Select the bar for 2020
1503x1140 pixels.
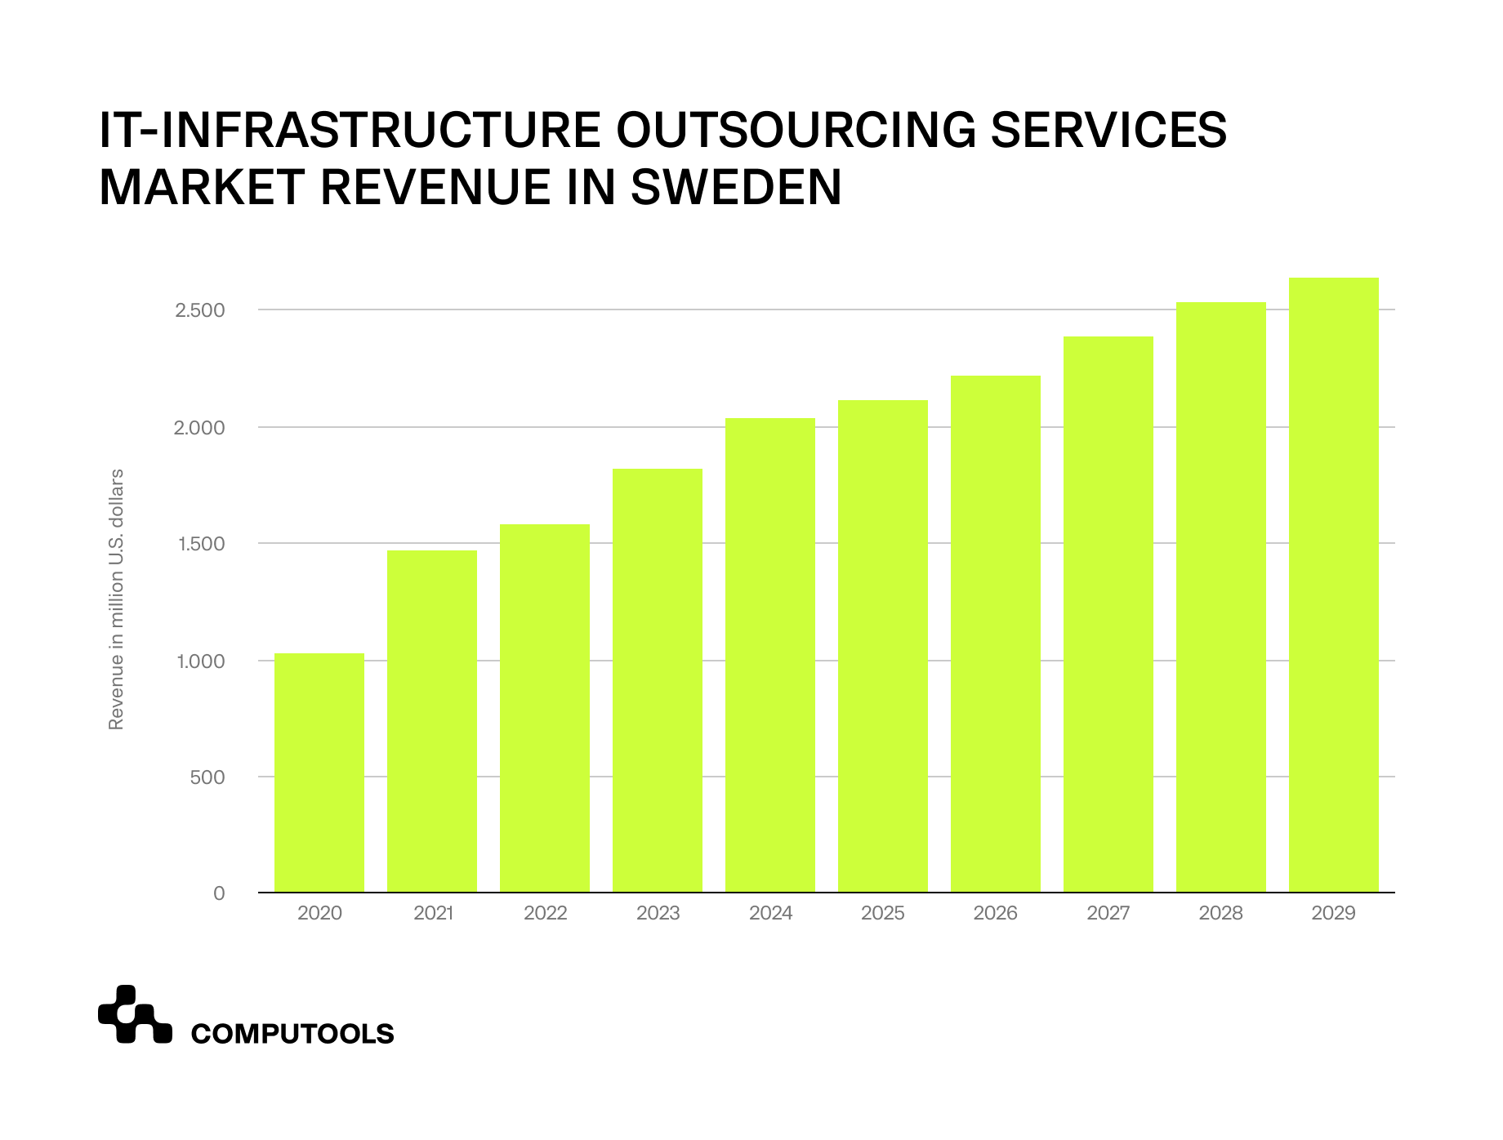(319, 773)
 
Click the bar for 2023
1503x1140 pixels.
(657, 680)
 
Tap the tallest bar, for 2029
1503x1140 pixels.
(1333, 585)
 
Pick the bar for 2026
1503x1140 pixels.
(995, 634)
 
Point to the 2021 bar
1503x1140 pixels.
(431, 721)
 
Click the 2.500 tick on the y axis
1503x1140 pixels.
(200, 310)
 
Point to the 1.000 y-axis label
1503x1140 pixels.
(200, 661)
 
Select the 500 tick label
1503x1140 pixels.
(207, 777)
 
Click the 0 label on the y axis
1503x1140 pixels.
(219, 893)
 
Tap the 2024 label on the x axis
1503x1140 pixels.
(770, 913)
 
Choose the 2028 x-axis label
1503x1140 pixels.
(1220, 913)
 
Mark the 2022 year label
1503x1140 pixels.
(545, 913)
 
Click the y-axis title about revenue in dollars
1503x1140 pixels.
(116, 599)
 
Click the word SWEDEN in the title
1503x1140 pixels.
(736, 187)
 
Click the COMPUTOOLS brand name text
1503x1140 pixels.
(292, 1034)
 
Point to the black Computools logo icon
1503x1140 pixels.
(134, 1015)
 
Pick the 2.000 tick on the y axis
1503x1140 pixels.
(200, 428)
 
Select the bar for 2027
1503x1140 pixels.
(1108, 614)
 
